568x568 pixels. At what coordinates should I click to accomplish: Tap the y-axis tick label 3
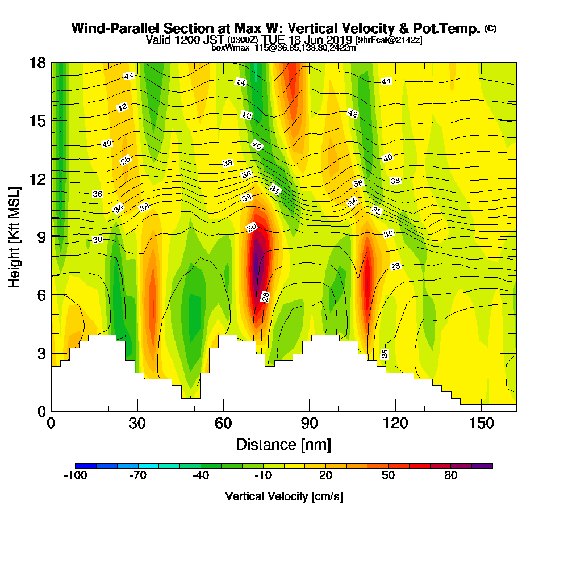[41, 353]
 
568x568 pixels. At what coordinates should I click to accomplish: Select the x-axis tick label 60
[223, 424]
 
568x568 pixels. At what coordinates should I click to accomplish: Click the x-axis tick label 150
[481, 424]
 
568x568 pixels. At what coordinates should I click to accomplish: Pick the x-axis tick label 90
[309, 424]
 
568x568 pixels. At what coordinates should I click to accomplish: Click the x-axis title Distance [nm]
[283, 444]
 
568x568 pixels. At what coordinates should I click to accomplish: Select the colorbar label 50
[388, 476]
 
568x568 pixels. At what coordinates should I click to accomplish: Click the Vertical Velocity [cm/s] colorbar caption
[283, 496]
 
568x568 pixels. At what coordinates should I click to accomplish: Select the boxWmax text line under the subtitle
[283, 48]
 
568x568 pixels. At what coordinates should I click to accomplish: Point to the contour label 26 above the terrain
[385, 353]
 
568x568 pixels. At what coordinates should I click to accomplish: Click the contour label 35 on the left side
[126, 161]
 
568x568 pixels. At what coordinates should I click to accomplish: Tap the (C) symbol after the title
[491, 28]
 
